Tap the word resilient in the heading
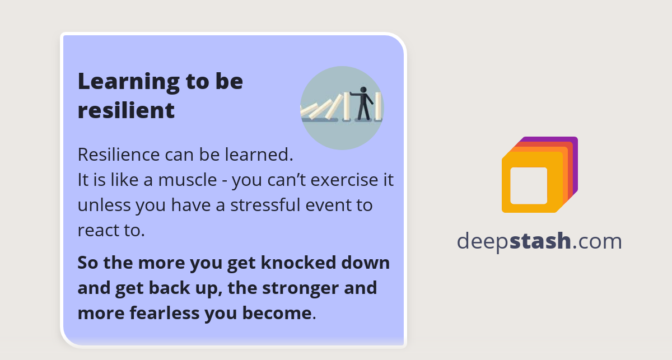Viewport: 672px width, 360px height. (126, 110)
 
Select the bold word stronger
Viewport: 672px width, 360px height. (306, 288)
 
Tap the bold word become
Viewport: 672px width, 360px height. (276, 313)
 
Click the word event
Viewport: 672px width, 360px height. (330, 205)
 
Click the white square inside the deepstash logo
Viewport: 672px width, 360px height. (529, 185)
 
